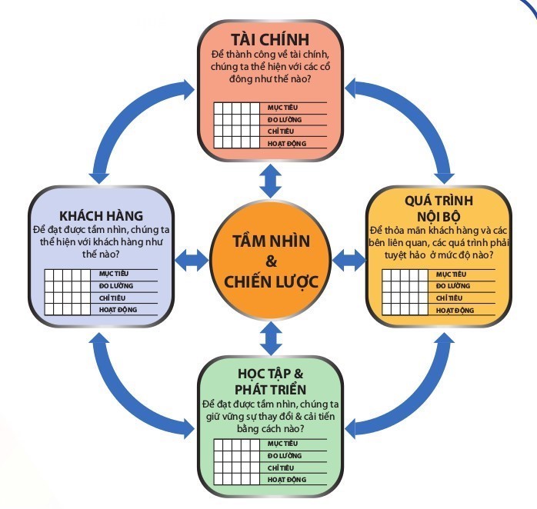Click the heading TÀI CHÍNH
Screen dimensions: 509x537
pos(269,38)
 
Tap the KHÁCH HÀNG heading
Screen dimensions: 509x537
pos(97,215)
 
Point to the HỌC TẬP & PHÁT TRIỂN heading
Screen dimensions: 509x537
pos(272,381)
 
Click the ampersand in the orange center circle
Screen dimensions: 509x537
pos(271,261)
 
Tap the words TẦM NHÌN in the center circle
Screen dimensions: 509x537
pos(271,241)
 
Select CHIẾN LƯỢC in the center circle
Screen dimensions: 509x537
pos(271,281)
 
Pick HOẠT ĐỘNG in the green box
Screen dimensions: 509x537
pos(285,479)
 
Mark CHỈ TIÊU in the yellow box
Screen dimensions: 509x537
pos(451,298)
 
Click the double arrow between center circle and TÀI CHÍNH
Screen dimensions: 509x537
pos(269,182)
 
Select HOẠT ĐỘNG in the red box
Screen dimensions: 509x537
pos(285,143)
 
